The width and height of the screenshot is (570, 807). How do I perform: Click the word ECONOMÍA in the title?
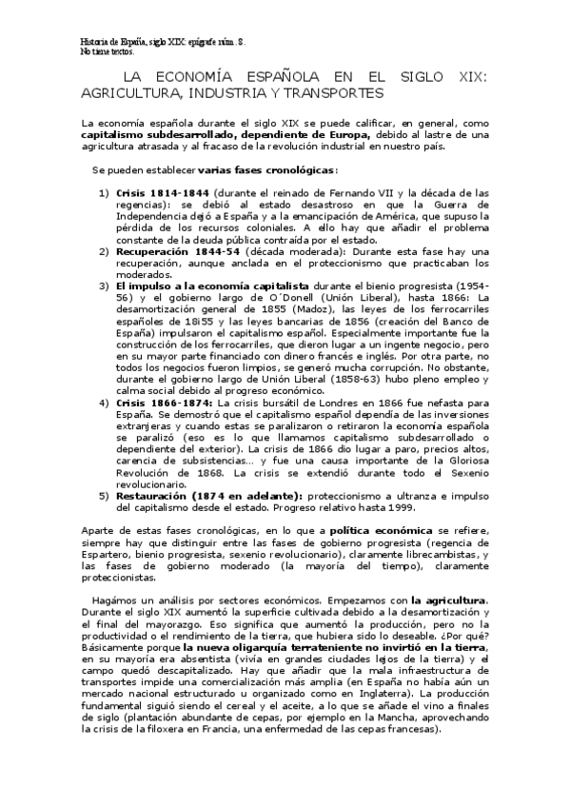pos(206,78)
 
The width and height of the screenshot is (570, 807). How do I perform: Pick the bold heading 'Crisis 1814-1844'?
pos(155,192)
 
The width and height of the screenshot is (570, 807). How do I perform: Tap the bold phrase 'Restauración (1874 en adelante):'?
pos(208,496)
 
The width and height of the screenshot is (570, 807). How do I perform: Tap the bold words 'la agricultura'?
pos(448,600)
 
